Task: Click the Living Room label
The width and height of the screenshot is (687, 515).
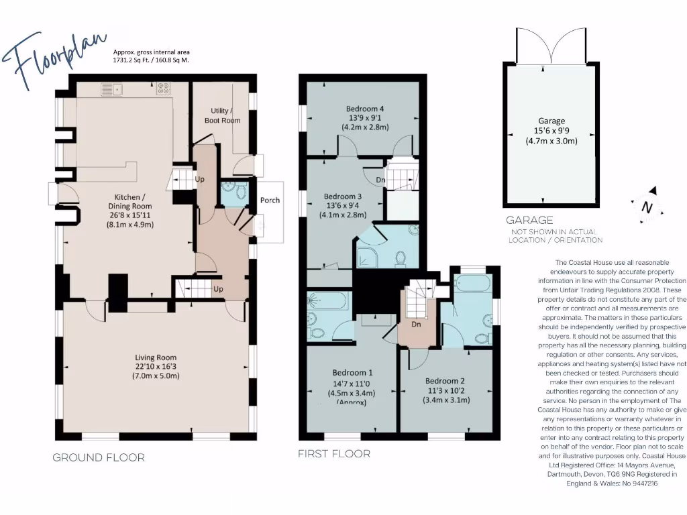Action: coord(155,367)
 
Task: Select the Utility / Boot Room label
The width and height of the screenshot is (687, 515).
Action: coord(222,115)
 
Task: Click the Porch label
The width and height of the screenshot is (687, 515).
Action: coord(270,200)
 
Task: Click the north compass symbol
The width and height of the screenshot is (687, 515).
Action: coord(647,208)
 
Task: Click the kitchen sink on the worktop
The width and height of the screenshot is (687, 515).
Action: coord(110,88)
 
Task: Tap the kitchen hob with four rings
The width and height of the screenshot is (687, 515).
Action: coord(163,88)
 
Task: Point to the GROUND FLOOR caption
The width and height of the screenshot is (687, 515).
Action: coord(99,458)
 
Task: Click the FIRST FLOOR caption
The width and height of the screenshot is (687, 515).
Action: coord(333,454)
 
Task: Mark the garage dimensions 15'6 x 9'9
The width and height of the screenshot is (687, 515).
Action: coord(551,131)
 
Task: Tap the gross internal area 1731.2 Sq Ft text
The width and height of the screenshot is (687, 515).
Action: coord(151,60)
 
